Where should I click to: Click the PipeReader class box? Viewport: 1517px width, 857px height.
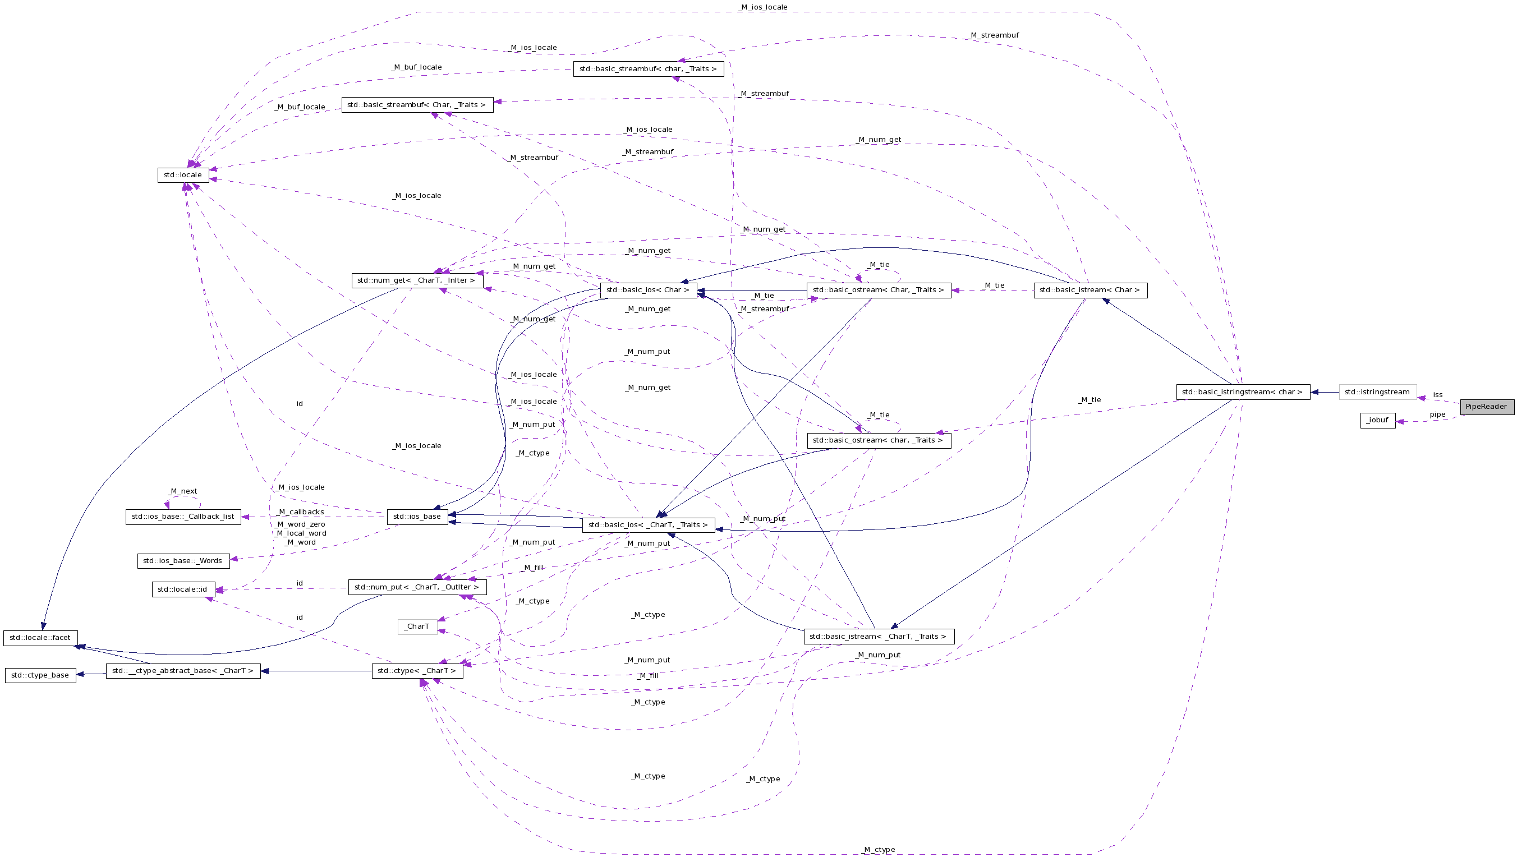[x=1486, y=407]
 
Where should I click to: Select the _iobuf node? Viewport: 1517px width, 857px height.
[x=1377, y=420]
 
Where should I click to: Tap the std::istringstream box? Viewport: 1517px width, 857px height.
[x=1377, y=392]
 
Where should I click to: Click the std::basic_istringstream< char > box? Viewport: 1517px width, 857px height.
[x=1243, y=392]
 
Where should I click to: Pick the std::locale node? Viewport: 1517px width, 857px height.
[x=182, y=175]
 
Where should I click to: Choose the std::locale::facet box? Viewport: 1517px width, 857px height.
[x=40, y=638]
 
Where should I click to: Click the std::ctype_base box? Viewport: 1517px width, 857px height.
[x=40, y=675]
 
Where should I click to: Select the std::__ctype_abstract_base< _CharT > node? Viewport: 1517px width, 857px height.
[x=182, y=670]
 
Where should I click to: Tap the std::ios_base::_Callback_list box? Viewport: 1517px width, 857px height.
[x=182, y=517]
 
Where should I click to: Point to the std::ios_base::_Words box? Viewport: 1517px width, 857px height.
[x=182, y=561]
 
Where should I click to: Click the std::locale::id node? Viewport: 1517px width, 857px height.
[x=182, y=589]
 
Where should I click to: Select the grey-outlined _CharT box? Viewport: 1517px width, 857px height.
[x=417, y=626]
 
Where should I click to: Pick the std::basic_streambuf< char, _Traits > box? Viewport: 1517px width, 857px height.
[x=648, y=69]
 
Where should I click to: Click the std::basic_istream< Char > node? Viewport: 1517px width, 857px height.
[x=1090, y=290]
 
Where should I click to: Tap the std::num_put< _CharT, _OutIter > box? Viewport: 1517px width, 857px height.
[x=417, y=587]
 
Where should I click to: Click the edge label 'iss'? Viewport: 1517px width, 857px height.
[x=1437, y=395]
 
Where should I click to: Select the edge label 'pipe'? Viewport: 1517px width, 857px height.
[x=1437, y=414]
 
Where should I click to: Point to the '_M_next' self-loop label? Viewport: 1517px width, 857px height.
[x=182, y=491]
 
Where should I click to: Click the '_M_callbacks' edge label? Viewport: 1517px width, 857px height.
[x=300, y=512]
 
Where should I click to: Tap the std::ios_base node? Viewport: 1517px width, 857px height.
[x=417, y=517]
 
